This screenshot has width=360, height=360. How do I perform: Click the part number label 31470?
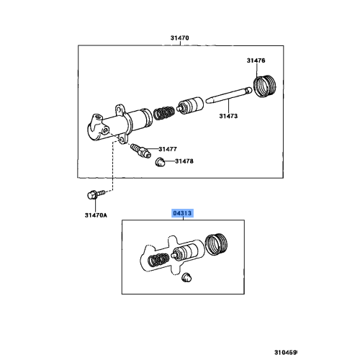180,38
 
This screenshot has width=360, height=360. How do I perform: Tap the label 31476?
256,60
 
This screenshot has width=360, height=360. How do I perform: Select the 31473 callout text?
228,116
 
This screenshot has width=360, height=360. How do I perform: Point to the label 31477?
168,149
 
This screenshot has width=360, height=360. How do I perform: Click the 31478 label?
184,161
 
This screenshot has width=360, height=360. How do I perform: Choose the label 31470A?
96,215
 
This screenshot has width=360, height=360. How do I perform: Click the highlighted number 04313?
182,213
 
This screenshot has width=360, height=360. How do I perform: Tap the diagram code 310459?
286,353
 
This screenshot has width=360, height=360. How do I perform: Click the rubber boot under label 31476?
265,86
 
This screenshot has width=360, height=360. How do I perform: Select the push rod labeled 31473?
229,96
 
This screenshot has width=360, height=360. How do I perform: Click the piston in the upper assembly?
191,106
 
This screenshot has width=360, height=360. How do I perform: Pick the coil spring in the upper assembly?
163,113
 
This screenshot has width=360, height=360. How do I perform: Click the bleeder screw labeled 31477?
141,150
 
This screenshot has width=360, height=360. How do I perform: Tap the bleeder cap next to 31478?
160,162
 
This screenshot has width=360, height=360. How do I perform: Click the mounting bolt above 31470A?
96,194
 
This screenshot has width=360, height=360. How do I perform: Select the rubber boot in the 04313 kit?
217,244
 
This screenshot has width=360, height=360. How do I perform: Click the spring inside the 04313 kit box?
158,260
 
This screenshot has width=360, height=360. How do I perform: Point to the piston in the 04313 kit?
185,253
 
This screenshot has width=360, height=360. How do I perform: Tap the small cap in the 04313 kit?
186,277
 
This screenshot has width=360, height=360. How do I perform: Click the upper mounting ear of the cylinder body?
120,109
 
